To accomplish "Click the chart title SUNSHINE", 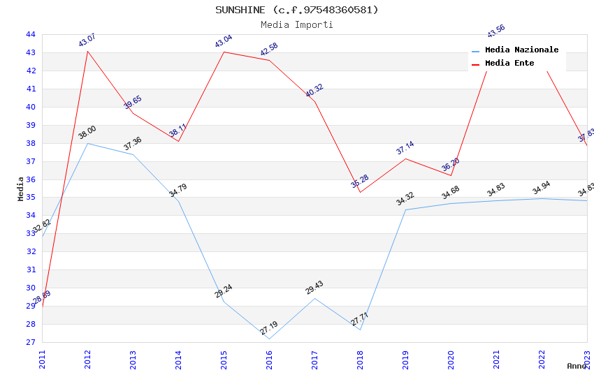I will pos(296,10).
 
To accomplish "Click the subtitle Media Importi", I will pos(296,24).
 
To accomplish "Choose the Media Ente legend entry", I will pos(509,63).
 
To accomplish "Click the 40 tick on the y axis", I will pos(31,107).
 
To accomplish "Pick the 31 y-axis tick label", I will pos(31,269).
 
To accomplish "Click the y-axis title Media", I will pos(21,189).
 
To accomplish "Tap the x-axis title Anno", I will pos(577,366).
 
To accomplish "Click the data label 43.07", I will pos(87,40).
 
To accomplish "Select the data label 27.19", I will pos(269,328).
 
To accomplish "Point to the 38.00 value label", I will pos(87,133).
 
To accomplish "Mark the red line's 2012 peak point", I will pos(87,51).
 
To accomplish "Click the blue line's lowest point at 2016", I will pos(269,339).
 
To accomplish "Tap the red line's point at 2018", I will pos(360,192).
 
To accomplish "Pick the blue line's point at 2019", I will pos(405,209).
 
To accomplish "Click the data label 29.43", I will pos(314,288).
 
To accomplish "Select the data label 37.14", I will pos(405,148).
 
